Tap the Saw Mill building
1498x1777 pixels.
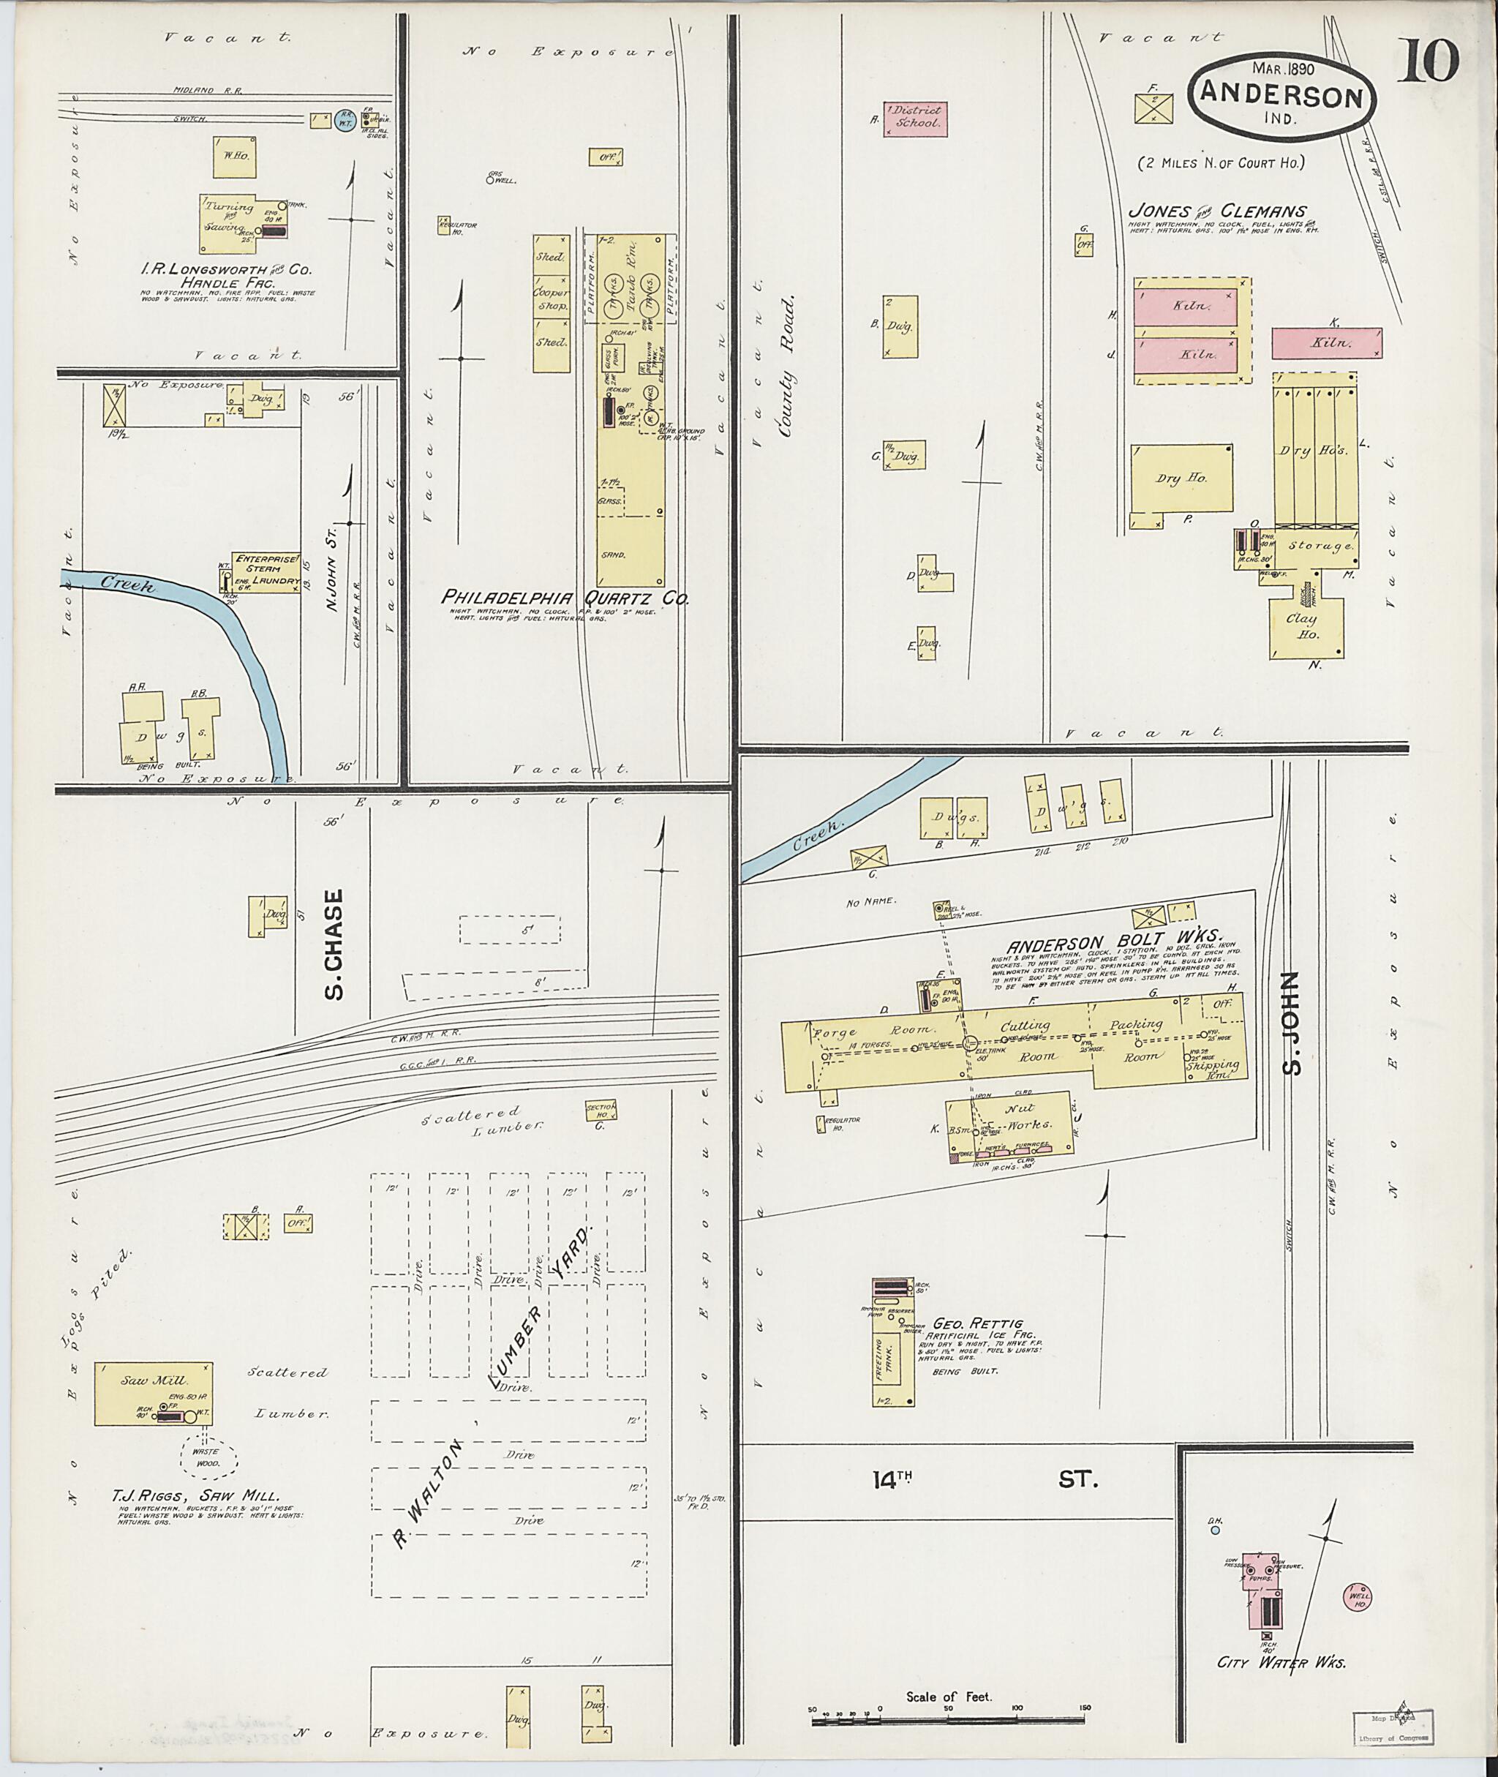(153, 1393)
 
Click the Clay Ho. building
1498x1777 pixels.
(1306, 627)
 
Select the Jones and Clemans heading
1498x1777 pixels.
(1217, 211)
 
